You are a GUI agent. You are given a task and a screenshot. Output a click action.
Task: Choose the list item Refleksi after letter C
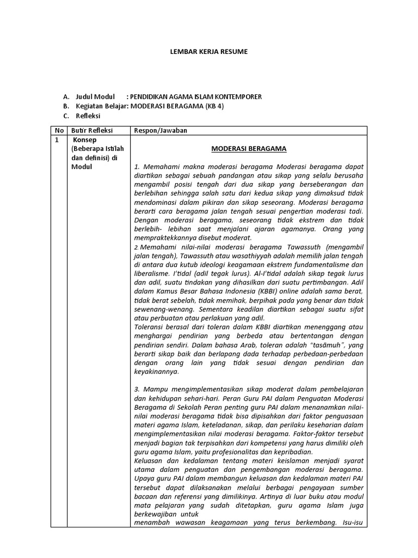pos(88,116)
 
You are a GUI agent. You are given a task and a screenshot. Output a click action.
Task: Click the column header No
pos(58,131)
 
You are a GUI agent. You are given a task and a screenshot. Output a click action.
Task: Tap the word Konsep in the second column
pos(84,140)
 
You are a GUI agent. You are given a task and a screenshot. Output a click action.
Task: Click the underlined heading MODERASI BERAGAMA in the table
pos(249,149)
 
